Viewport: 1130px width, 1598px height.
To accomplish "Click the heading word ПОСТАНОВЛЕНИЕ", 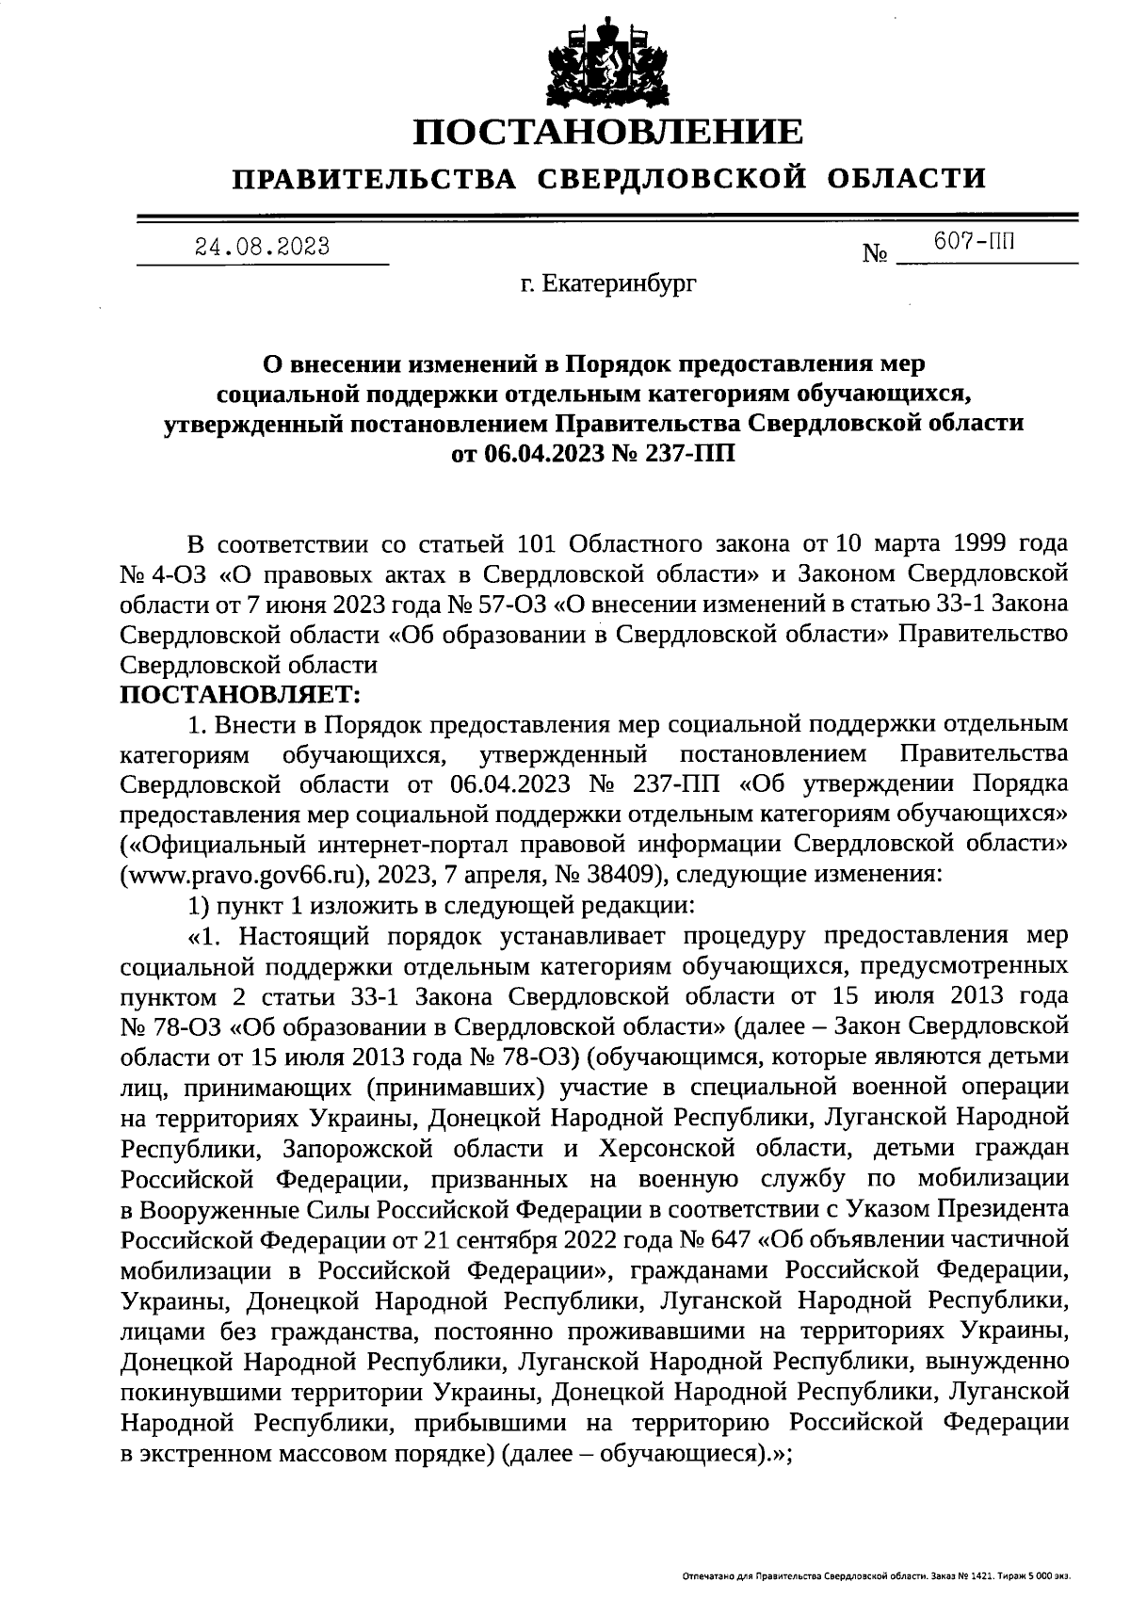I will (x=609, y=131).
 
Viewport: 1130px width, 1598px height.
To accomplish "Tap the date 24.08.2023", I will (x=262, y=247).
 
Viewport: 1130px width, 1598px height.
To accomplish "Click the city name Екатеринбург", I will (x=621, y=283).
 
